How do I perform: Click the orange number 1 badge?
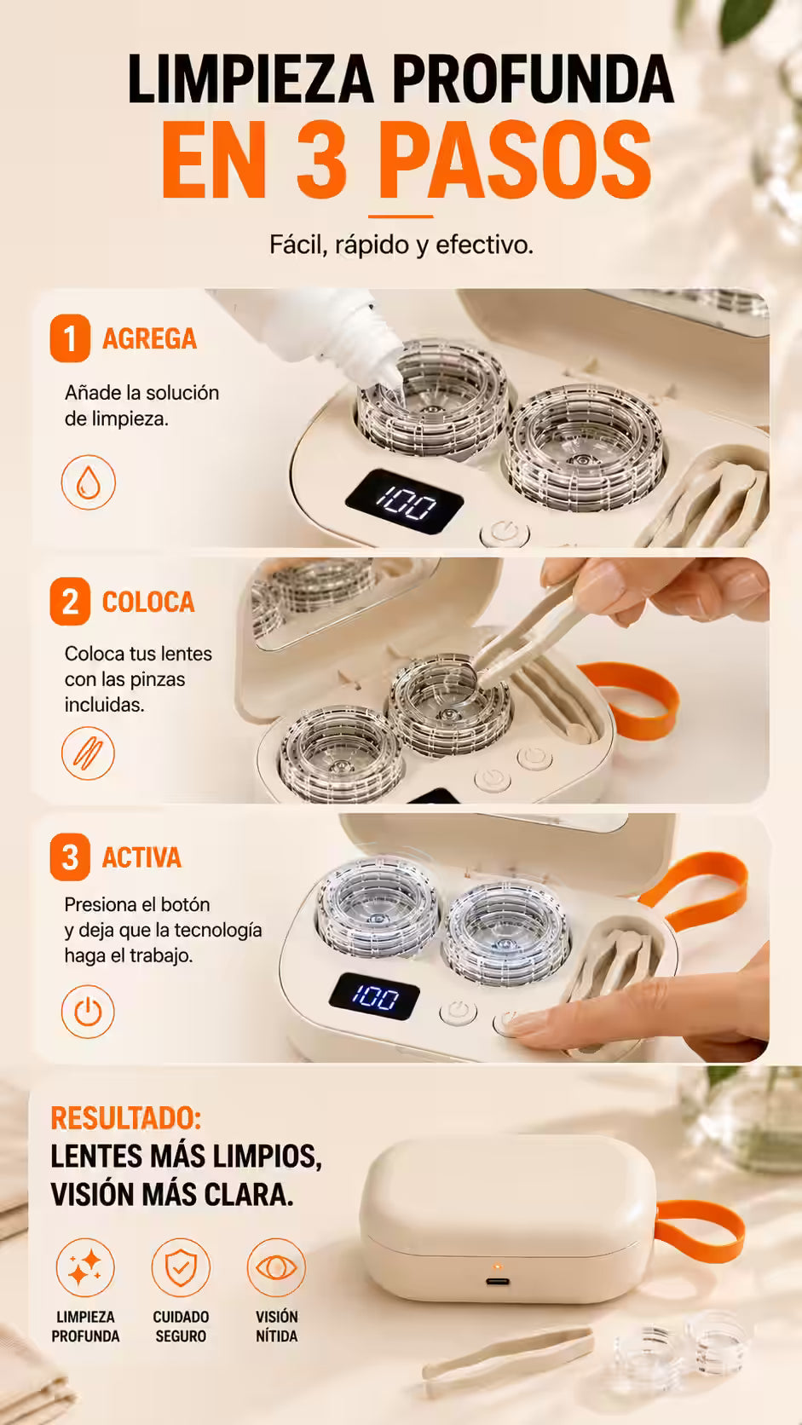tap(70, 338)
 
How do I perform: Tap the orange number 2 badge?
tap(70, 602)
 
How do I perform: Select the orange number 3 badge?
tap(70, 857)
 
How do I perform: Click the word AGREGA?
tap(149, 339)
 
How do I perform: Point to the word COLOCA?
tap(148, 603)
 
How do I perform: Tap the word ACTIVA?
tap(141, 857)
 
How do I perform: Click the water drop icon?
tap(89, 482)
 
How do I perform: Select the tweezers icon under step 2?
tap(89, 753)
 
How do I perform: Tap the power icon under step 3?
tap(89, 1012)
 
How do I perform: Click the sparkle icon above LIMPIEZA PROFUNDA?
tap(85, 1267)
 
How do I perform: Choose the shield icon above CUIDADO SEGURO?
tap(181, 1267)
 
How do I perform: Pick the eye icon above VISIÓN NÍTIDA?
tap(276, 1267)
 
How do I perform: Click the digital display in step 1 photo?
tap(405, 502)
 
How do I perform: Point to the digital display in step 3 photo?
tap(375, 996)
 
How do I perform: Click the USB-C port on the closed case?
tap(498, 1281)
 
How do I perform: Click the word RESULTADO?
tap(126, 1118)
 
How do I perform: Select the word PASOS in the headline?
tap(516, 159)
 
